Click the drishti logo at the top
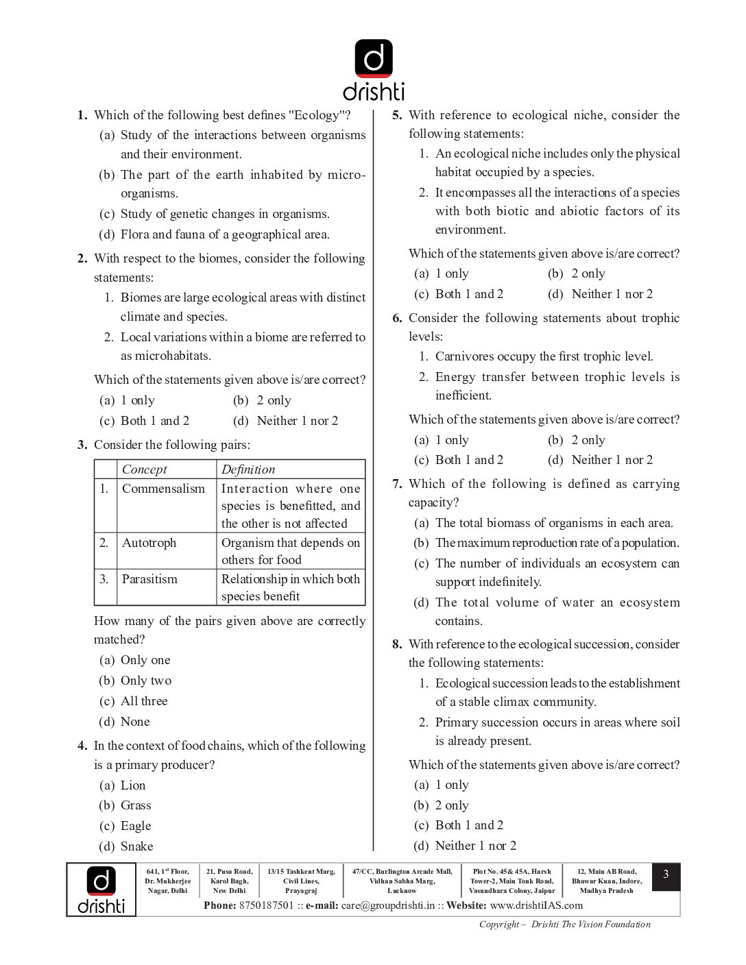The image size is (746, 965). tap(374, 69)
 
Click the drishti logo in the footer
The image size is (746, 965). tap(101, 890)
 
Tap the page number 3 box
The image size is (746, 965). tap(665, 875)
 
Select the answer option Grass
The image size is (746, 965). tap(136, 805)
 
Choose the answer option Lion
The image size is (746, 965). tap(133, 785)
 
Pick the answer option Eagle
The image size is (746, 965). tap(136, 826)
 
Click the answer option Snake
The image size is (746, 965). tap(136, 846)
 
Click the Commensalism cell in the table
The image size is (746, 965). tap(163, 489)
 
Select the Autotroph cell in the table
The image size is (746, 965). tap(149, 543)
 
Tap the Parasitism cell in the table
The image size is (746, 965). tap(149, 579)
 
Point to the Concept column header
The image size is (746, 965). tap(144, 469)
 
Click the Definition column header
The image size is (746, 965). tap(248, 469)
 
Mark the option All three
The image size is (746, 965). tap(144, 701)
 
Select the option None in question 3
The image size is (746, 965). tap(135, 722)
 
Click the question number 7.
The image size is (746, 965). tap(397, 484)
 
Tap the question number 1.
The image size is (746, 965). tap(82, 115)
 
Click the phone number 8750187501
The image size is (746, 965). tap(266, 905)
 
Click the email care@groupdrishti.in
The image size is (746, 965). tap(388, 905)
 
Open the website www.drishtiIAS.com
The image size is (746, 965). tap(536, 905)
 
